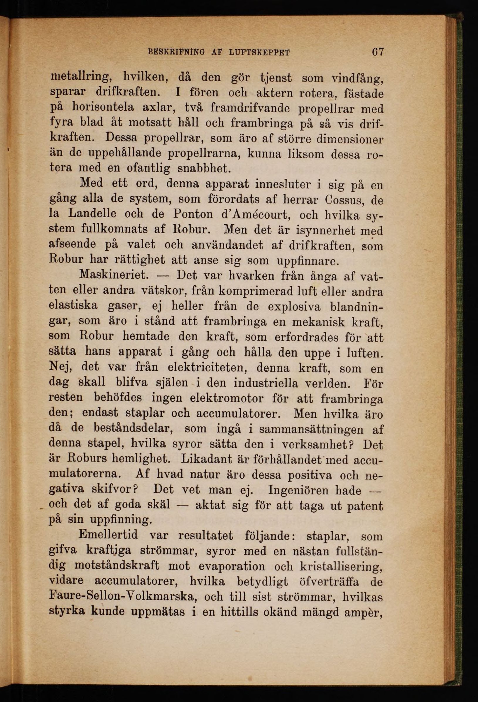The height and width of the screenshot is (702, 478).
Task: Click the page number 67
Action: point(378,52)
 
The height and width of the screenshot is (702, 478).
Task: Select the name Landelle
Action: point(92,214)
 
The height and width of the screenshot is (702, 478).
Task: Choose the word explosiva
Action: point(294,306)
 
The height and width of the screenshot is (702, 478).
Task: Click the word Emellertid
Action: point(108,535)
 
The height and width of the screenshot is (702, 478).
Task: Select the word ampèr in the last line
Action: point(366,612)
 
